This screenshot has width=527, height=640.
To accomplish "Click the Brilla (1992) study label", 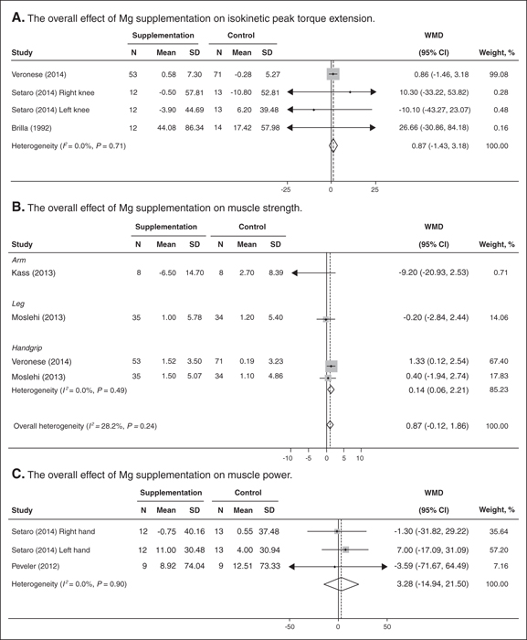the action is [31, 128].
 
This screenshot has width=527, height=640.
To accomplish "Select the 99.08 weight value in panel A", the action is [499, 74].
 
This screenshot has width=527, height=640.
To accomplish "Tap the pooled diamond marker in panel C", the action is [342, 584].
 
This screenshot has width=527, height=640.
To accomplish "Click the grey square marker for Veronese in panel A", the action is [333, 74].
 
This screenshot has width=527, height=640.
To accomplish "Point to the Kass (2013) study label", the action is [34, 272].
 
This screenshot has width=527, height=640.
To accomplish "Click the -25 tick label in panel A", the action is [286, 190].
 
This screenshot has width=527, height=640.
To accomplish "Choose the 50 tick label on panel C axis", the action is [386, 626].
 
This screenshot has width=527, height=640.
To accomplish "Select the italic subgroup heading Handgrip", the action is [26, 347].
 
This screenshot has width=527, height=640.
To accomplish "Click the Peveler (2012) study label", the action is [36, 566].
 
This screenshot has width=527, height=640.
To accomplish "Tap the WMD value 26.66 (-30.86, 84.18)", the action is [434, 128].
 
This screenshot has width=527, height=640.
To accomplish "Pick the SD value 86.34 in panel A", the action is [195, 128].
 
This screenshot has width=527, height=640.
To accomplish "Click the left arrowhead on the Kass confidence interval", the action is [294, 272].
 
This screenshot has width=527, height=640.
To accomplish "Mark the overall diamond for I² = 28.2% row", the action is [330, 425].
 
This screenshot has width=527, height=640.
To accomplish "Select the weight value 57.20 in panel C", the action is [499, 550].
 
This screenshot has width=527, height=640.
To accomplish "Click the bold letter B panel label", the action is [17, 207].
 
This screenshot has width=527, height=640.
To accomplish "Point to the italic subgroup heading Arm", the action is [19, 260].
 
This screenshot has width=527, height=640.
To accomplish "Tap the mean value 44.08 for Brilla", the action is [166, 128].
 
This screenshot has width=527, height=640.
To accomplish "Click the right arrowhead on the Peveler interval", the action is [385, 567].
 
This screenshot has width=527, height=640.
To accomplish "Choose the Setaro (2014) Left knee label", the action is [50, 110].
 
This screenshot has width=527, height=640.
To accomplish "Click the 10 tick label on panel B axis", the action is [360, 458].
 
